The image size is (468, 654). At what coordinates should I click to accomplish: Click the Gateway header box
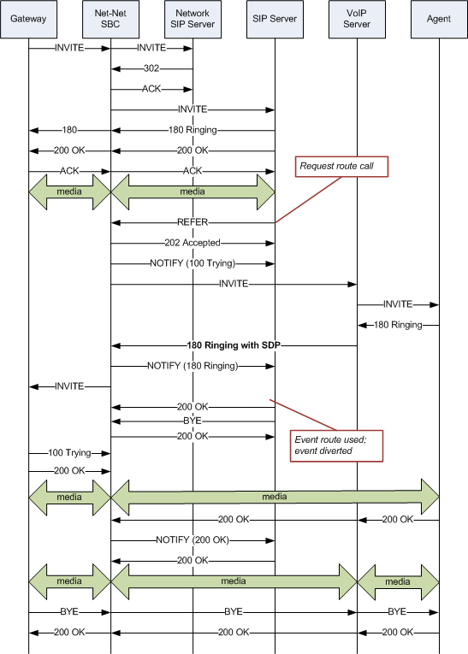click(28, 19)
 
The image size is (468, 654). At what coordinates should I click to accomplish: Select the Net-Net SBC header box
click(110, 19)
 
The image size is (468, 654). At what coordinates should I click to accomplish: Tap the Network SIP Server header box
click(193, 19)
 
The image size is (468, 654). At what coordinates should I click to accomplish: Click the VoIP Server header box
click(357, 19)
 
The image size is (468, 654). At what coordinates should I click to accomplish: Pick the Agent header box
click(439, 19)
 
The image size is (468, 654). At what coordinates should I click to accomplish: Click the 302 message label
click(151, 69)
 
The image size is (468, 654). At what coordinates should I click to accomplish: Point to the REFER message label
click(193, 222)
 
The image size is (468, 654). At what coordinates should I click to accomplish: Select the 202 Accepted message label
click(193, 243)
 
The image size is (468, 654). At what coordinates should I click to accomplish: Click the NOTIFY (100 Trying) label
click(193, 263)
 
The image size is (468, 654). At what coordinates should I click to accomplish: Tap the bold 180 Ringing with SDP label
click(234, 345)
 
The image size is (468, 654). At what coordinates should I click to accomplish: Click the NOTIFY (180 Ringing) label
click(193, 366)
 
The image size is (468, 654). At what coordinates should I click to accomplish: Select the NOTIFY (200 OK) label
click(193, 540)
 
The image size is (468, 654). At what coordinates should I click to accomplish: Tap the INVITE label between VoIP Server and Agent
click(398, 304)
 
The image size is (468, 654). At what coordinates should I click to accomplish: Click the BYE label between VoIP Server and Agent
click(398, 612)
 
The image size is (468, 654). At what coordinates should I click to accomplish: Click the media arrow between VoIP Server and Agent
click(398, 581)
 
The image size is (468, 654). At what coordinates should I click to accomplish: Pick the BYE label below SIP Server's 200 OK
click(193, 421)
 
